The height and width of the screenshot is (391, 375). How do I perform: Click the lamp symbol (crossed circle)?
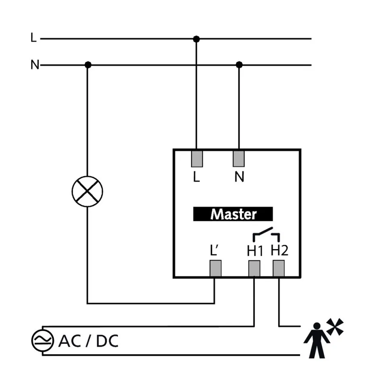pos(87,191)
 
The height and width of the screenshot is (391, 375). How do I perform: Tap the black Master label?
pos(233,214)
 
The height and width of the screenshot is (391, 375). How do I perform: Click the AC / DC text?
pos(88,341)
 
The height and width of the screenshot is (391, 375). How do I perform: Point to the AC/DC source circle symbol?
pos(42,341)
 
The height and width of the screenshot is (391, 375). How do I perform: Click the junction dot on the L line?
pos(196,39)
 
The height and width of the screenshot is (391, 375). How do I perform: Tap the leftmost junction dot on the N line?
pos(88,65)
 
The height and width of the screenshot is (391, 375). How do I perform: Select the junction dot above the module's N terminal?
pos(239,65)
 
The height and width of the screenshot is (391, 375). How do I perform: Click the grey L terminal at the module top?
pos(196,158)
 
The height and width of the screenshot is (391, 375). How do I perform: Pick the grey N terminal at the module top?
pos(239,158)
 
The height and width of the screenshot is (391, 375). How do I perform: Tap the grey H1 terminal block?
pos(254,268)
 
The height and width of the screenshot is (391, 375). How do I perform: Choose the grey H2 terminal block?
pos(279,268)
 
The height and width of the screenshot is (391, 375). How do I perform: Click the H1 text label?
pos(255,251)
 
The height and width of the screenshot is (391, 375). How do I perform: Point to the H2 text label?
pos(279,251)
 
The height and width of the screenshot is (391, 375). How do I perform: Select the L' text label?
pos(214,251)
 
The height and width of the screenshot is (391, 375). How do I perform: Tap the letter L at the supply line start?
pos(33,38)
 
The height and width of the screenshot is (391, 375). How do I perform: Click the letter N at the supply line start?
pos(35,65)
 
